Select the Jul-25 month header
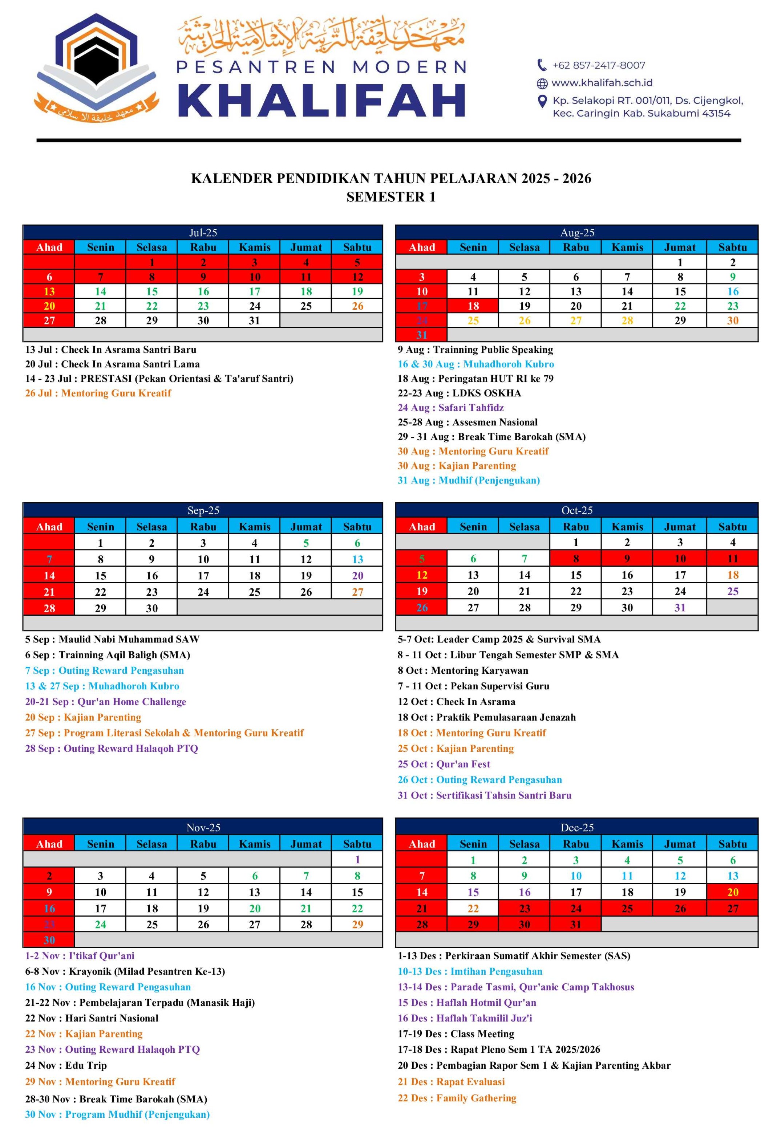click(x=203, y=232)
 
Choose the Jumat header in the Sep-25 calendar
click(x=306, y=527)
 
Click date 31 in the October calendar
click(x=680, y=608)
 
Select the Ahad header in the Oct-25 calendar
click(x=421, y=527)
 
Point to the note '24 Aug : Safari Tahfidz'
click(x=450, y=408)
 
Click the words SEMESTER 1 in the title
click(x=390, y=197)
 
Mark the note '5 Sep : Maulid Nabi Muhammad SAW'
click(x=112, y=639)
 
